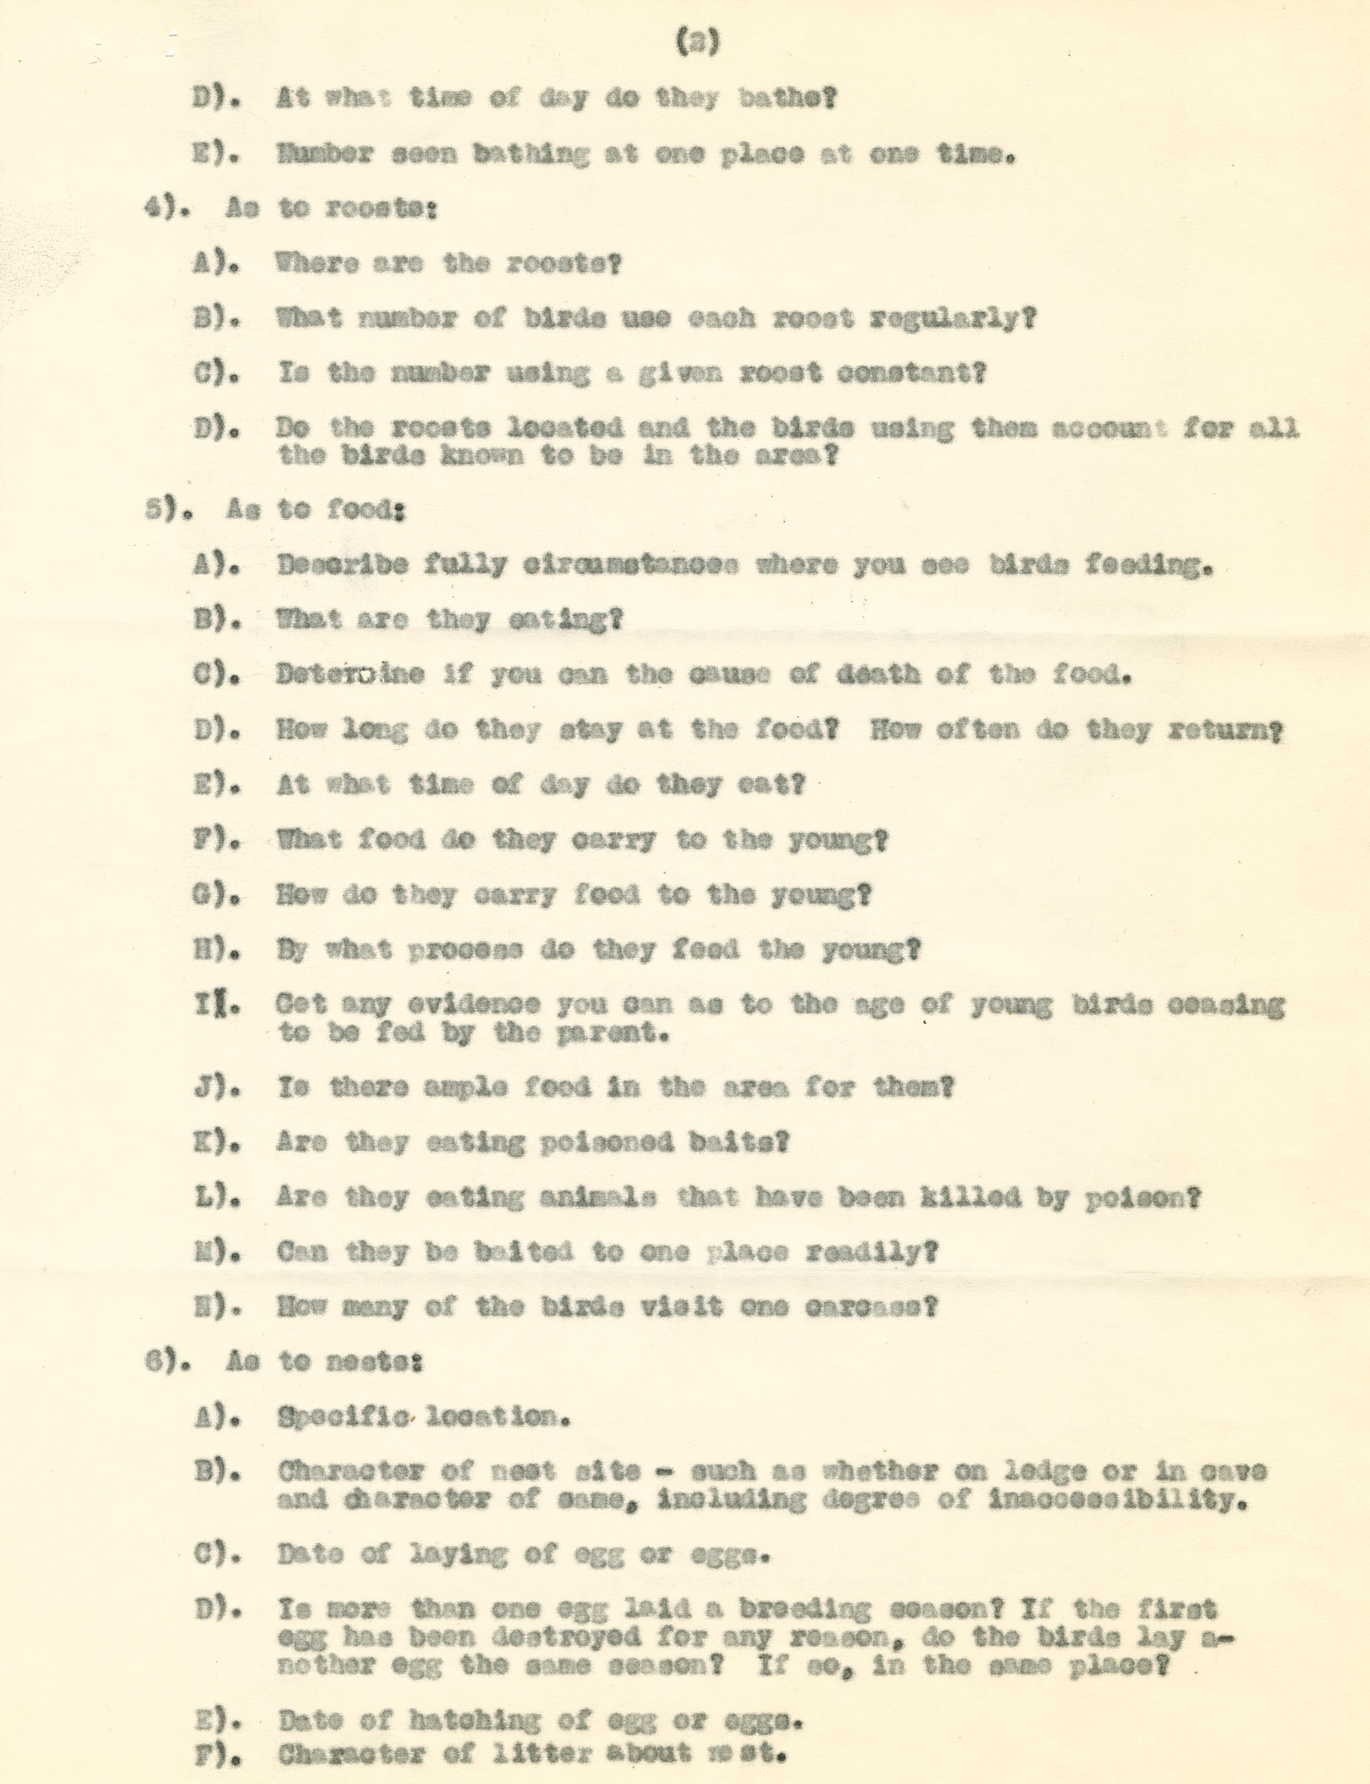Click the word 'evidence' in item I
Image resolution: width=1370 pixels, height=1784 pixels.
click(469, 1004)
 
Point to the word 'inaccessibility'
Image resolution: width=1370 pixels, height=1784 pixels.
click(1114, 1499)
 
